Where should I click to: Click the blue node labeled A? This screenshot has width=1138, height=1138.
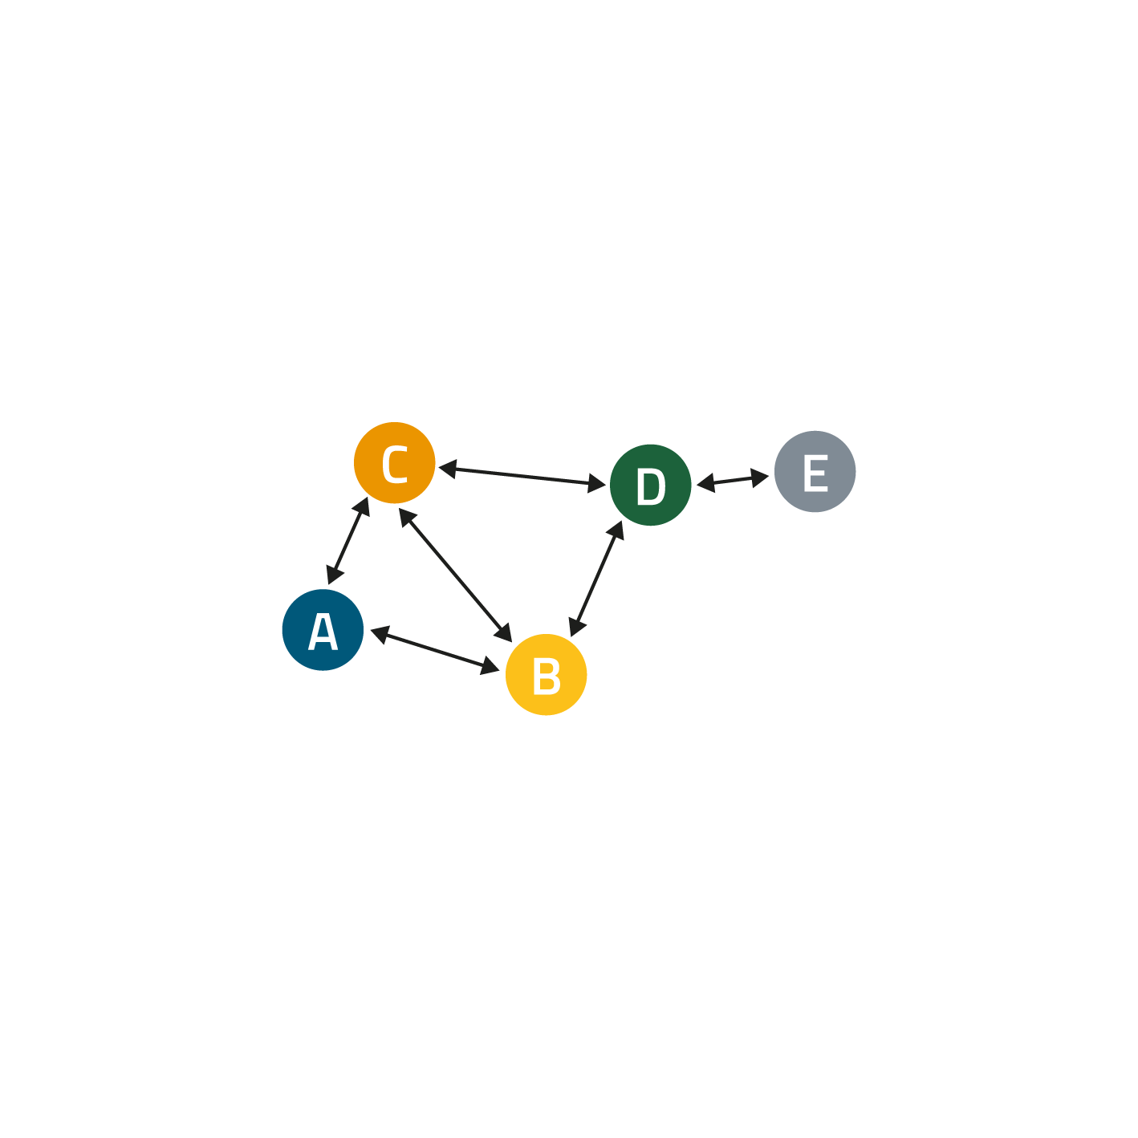pyautogui.click(x=323, y=629)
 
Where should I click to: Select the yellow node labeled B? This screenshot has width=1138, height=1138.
pyautogui.click(x=546, y=674)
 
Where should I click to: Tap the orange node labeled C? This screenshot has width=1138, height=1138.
pyautogui.click(x=395, y=463)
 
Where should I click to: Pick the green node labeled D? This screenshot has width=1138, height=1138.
pyautogui.click(x=650, y=485)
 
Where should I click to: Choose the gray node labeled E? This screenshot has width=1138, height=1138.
pyautogui.click(x=815, y=471)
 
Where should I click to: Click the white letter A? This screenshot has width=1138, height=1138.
pyautogui.click(x=323, y=631)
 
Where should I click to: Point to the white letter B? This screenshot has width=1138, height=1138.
pyautogui.click(x=547, y=676)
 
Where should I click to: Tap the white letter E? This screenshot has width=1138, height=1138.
pyautogui.click(x=815, y=473)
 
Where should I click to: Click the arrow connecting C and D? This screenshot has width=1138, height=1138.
pyautogui.click(x=522, y=477)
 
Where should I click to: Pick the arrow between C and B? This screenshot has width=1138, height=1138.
pyautogui.click(x=455, y=575)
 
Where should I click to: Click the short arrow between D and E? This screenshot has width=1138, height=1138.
pyautogui.click(x=732, y=480)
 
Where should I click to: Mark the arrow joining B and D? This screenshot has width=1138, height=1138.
pyautogui.click(x=595, y=579)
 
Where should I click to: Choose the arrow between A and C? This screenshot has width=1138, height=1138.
pyautogui.click(x=347, y=541)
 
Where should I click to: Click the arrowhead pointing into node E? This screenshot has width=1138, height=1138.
pyautogui.click(x=759, y=478)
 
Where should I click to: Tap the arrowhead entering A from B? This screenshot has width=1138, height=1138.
pyautogui.click(x=380, y=634)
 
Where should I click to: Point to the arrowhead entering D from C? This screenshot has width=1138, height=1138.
pyautogui.click(x=596, y=484)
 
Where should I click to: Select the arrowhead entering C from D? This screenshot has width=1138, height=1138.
pyautogui.click(x=448, y=469)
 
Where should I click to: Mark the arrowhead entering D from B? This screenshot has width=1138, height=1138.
pyautogui.click(x=616, y=530)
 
